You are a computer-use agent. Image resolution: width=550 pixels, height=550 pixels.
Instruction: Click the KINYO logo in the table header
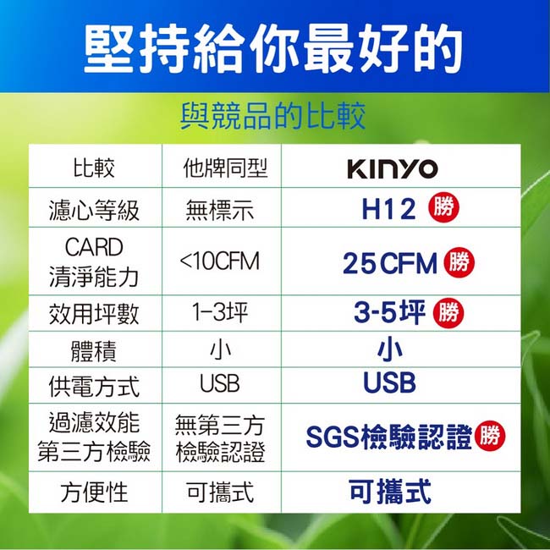[x=393, y=169]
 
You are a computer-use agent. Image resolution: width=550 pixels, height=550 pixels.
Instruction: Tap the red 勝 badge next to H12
[x=443, y=207]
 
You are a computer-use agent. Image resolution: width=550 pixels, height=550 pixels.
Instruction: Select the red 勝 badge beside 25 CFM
[x=459, y=262]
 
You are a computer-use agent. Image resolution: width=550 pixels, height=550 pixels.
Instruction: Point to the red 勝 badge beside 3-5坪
[x=448, y=313]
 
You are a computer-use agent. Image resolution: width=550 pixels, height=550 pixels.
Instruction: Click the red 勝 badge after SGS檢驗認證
[x=490, y=436]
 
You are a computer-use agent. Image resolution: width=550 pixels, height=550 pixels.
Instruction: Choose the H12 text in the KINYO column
[x=388, y=209]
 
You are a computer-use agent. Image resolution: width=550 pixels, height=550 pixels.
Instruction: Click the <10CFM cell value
[x=220, y=261]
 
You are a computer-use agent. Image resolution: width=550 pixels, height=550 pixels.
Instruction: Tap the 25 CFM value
[x=390, y=263]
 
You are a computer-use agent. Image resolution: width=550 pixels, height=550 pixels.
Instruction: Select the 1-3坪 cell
[x=220, y=312]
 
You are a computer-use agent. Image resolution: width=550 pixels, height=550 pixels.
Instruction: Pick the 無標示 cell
[x=220, y=210]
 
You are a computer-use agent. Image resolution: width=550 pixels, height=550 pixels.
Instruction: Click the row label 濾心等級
[x=94, y=211]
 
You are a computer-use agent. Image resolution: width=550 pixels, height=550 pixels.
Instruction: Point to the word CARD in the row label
[x=94, y=247]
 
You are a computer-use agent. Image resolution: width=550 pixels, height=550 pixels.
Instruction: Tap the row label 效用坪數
[x=94, y=313]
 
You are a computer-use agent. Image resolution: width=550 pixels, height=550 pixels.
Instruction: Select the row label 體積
[x=94, y=351]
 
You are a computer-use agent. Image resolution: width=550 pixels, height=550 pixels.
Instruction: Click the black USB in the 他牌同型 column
[x=220, y=383]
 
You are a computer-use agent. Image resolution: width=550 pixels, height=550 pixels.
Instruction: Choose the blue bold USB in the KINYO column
[x=390, y=382]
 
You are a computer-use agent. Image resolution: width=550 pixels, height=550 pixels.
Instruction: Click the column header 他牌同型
[x=226, y=168]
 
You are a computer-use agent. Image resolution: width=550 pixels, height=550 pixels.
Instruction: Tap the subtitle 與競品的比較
[x=273, y=116]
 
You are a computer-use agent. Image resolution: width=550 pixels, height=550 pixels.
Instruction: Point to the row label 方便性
[x=94, y=492]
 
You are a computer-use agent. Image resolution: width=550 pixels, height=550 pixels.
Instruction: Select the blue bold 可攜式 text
[x=390, y=492]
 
